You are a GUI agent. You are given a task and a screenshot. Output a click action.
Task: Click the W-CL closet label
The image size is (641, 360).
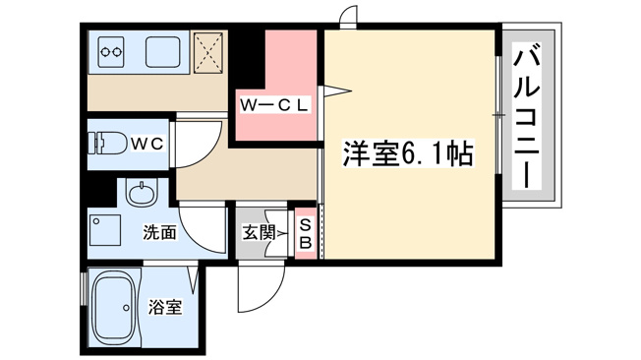click(273, 105)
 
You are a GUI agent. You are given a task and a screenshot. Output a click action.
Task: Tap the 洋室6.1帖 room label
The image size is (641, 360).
click(408, 153)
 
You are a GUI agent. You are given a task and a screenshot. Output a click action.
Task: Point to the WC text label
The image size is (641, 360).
click(147, 144)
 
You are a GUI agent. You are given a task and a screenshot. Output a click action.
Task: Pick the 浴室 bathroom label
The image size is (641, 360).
click(165, 307)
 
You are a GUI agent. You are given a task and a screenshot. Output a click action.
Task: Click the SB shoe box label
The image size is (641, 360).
click(306, 233)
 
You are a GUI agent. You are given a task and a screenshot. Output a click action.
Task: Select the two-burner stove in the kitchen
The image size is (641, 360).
click(111, 52)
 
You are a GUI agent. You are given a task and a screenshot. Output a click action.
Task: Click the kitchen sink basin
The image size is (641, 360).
click(162, 52)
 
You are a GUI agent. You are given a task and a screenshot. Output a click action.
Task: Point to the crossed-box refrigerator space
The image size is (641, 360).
click(209, 52)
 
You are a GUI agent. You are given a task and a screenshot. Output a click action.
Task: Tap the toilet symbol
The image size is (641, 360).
click(107, 143)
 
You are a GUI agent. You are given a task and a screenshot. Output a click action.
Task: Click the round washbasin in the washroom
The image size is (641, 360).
click(142, 193)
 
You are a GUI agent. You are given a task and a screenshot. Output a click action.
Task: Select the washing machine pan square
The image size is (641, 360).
click(105, 230)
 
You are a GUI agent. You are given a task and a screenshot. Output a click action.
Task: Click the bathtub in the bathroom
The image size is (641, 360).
click(114, 309)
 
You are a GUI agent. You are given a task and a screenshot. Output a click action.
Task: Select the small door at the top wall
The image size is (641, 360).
click(348, 16)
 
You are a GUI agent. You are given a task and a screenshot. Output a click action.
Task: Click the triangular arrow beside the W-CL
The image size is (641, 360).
click(336, 90)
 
